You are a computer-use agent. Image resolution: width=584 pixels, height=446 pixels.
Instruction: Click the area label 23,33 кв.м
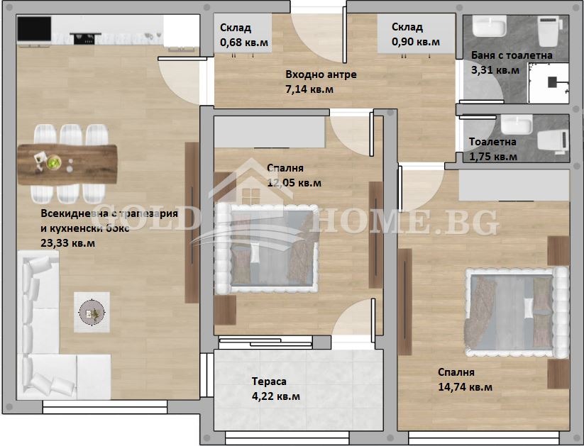click(x=68, y=243)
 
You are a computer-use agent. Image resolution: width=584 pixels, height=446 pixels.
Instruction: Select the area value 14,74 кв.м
click(x=465, y=387)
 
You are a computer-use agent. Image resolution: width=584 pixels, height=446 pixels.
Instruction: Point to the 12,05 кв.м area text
click(x=294, y=183)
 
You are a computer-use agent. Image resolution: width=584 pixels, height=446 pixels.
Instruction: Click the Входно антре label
click(x=321, y=74)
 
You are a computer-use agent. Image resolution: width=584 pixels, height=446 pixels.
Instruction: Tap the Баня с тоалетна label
click(x=512, y=55)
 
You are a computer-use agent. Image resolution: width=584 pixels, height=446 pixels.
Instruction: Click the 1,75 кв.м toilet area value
click(x=493, y=156)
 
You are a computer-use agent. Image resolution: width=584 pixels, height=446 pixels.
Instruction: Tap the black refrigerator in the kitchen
click(x=33, y=29)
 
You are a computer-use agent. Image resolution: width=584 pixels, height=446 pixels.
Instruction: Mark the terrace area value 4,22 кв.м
click(x=276, y=396)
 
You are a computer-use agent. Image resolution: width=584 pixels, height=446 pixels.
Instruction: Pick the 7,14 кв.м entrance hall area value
click(x=309, y=89)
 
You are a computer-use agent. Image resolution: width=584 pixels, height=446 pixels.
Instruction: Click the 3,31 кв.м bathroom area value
click(x=495, y=70)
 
